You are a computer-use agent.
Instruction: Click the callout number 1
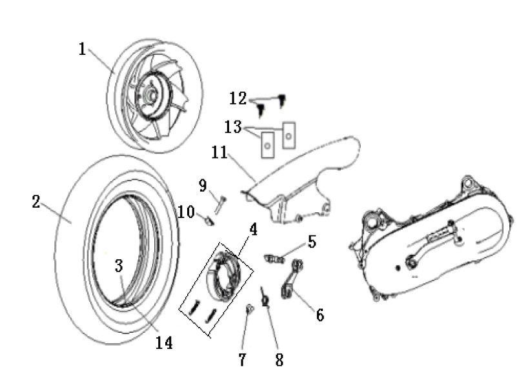click(x=83, y=49)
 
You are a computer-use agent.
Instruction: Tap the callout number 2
click(x=36, y=201)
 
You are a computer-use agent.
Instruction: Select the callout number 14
click(x=164, y=342)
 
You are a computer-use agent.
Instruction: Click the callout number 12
click(x=238, y=99)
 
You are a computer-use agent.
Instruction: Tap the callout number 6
click(x=320, y=315)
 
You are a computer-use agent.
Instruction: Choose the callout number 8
click(x=279, y=360)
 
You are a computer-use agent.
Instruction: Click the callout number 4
click(x=253, y=228)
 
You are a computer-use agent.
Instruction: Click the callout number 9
click(x=203, y=186)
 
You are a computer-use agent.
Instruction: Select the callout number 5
click(x=312, y=242)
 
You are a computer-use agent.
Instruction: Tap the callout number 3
click(x=119, y=266)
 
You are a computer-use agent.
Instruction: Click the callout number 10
click(x=186, y=211)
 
